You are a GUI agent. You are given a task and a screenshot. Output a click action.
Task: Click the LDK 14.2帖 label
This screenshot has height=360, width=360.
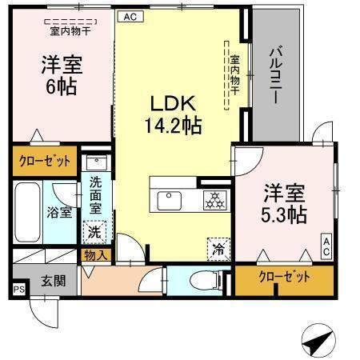click(x=171, y=114)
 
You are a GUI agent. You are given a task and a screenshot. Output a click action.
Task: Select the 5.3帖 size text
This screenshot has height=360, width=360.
click(x=285, y=214)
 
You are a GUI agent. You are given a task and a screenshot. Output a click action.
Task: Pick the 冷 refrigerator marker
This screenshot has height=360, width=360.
click(x=218, y=248)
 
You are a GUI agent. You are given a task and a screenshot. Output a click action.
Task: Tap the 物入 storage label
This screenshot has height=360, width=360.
click(x=94, y=254)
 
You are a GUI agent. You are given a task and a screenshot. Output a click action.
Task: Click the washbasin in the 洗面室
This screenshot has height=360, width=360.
click(x=95, y=162)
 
